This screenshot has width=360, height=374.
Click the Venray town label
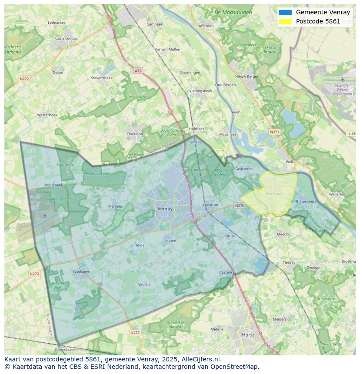(x=165, y=209)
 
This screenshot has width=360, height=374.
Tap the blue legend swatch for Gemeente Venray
(x=285, y=12)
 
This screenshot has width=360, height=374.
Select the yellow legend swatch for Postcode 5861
(x=285, y=21)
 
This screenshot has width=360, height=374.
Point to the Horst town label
(x=248, y=335)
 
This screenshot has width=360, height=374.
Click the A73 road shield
(x=138, y=70)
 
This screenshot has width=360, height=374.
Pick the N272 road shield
(x=24, y=79)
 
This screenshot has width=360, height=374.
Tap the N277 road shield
(x=135, y=333)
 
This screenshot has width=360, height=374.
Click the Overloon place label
(x=135, y=134)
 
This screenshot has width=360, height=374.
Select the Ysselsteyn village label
(x=81, y=271)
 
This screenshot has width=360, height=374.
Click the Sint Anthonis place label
(x=66, y=39)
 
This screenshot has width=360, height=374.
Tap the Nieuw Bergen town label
(x=247, y=76)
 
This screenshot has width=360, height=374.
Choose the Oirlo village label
(x=229, y=236)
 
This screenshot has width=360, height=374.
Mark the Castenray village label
(x=228, y=272)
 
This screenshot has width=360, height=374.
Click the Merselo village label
(x=115, y=206)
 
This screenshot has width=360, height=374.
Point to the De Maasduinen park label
(x=233, y=13)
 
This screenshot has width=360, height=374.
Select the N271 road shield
(x=274, y=132)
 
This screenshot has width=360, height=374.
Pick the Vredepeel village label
(x=53, y=185)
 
